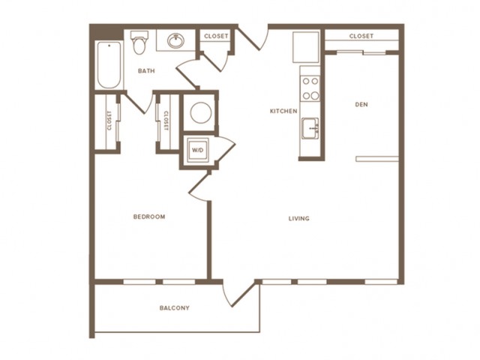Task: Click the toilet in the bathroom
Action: coord(139,42)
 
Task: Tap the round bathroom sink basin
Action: coord(175,40)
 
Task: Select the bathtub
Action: coord(109,65)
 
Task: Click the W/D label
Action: coord(197,150)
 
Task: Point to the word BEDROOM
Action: coord(149,217)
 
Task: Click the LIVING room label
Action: coord(298,218)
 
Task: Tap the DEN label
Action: coord(361,104)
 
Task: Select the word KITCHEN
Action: coord(283,111)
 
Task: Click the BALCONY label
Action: coord(174,307)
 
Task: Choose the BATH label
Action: coord(146,71)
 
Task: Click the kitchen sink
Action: coord(310,128)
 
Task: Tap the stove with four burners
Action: coord(310,88)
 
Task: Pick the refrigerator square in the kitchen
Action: coord(305,46)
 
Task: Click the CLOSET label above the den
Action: coord(361,36)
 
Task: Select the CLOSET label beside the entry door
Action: coord(216,36)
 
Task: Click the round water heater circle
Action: coord(201,112)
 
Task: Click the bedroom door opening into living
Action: coord(199,186)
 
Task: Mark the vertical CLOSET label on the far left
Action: coord(109,120)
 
